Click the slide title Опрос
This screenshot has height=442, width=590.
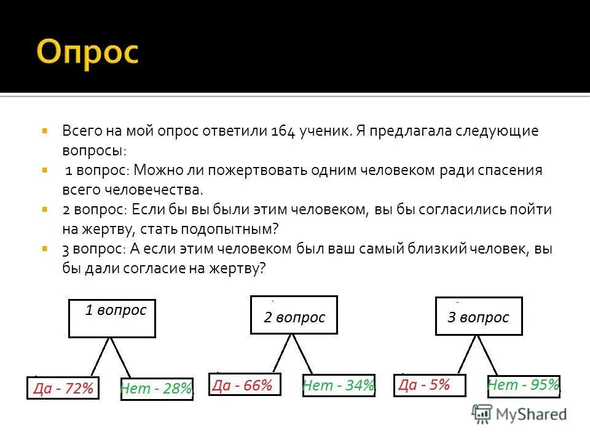[x=88, y=53]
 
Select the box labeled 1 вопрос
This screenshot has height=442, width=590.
[x=112, y=318]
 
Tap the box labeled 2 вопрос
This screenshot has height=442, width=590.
[x=294, y=316]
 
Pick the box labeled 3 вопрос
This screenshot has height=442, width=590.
[x=479, y=316]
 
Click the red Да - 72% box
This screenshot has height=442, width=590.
[x=63, y=388]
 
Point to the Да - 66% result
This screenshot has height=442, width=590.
[x=245, y=385]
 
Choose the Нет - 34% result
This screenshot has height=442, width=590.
[x=339, y=386]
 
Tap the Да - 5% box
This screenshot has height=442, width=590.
[x=429, y=385]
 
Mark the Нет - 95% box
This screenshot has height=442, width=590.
[x=524, y=386]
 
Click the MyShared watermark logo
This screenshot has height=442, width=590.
[x=519, y=414]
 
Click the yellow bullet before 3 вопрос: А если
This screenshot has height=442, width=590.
[x=45, y=249]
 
